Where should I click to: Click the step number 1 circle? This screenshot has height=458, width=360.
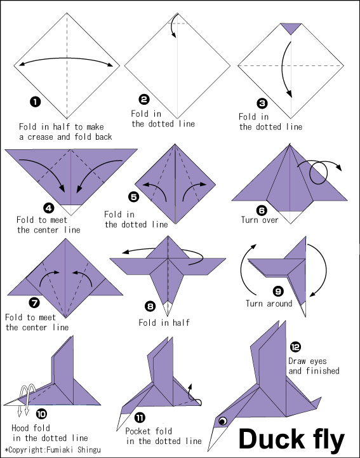pyautogui.click(x=36, y=102)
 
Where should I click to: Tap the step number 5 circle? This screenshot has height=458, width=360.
pyautogui.click(x=134, y=196)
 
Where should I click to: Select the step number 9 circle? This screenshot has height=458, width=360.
pyautogui.click(x=278, y=291)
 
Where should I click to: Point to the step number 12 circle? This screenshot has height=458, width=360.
pyautogui.click(x=295, y=347)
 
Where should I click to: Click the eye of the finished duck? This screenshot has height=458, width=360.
pyautogui.click(x=223, y=421)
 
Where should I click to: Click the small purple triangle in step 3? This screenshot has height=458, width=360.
pyautogui.click(x=291, y=29)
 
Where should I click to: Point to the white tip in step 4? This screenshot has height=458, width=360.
pyautogui.click(x=71, y=208)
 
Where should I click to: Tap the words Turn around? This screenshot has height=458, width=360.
pyautogui.click(x=269, y=304)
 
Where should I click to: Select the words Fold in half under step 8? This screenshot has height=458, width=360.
pyautogui.click(x=164, y=323)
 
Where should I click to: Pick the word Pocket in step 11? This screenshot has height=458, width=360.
pyautogui.click(x=138, y=431)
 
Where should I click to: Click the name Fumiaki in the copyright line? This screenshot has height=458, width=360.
pyautogui.click(x=61, y=450)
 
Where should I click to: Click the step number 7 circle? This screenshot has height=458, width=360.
pyautogui.click(x=34, y=303)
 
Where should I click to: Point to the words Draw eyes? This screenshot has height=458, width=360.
pyautogui.click(x=307, y=361)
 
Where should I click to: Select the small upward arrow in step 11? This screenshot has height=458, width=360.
pyautogui.click(x=190, y=390)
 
